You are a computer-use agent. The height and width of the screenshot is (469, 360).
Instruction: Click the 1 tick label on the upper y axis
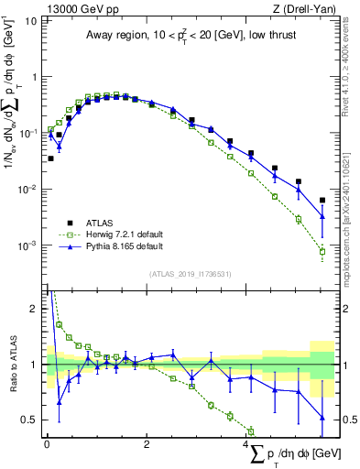point(35,78)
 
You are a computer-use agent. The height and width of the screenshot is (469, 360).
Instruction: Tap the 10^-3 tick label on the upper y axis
point(29,245)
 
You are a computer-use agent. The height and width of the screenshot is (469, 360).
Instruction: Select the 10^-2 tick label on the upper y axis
point(29,190)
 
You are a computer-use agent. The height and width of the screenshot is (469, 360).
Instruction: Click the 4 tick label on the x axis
point(247,443)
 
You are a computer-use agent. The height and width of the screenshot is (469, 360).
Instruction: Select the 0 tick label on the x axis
point(47,443)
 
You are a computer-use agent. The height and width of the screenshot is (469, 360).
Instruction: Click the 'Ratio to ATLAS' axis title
point(12,364)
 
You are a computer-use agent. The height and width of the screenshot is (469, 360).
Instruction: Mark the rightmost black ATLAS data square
point(322,200)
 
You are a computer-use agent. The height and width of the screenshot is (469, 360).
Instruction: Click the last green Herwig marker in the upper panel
point(322,251)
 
